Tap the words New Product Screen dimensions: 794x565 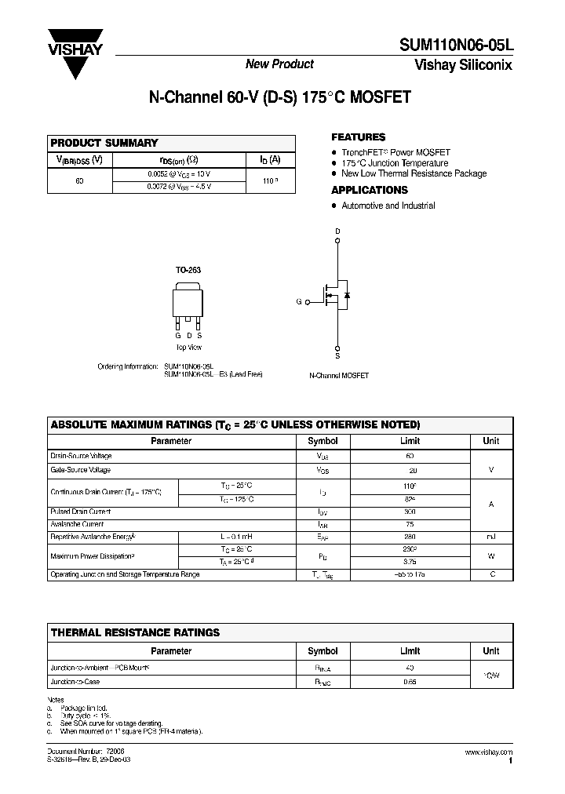pyautogui.click(x=280, y=64)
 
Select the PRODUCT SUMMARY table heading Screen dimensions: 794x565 pyautogui.click(x=104, y=143)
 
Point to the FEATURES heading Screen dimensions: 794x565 pyautogui.click(x=358, y=137)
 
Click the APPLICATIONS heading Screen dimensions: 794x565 pyautogui.click(x=370, y=190)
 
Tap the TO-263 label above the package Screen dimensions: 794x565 pyautogui.click(x=188, y=270)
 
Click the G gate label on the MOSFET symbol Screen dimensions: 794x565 pyautogui.click(x=299, y=301)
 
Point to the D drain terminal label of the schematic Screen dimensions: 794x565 pyautogui.click(x=338, y=231)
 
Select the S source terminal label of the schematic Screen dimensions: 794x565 pyautogui.click(x=338, y=356)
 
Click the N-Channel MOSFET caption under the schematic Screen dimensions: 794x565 pyautogui.click(x=339, y=376)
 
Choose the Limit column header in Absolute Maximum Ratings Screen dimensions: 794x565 pyautogui.click(x=410, y=441)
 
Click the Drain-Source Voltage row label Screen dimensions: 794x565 pyautogui.click(x=82, y=456)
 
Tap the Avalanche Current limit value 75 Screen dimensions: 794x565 pyautogui.click(x=410, y=524)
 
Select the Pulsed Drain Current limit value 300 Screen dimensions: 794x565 pyautogui.click(x=410, y=511)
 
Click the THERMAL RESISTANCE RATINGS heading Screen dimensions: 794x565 pyautogui.click(x=135, y=632)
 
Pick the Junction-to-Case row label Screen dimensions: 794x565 pyautogui.click(x=75, y=682)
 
